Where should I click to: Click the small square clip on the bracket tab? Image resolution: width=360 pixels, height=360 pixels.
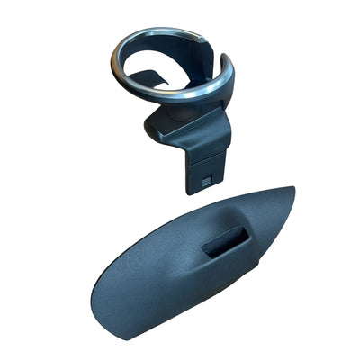(207, 180)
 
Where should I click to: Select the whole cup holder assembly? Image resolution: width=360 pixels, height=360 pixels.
(175, 99)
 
